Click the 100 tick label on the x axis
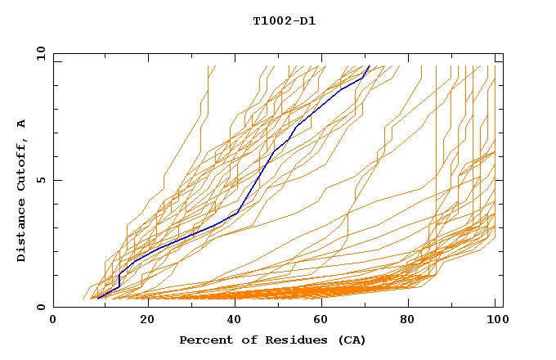click(x=496, y=320)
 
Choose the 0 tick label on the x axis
click(x=54, y=320)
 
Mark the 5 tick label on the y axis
click(x=40, y=180)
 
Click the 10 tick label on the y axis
click(x=38, y=53)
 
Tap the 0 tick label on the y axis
click(x=40, y=307)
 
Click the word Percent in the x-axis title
click(x=205, y=340)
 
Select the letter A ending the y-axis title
click(x=21, y=123)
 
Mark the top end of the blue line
click(x=369, y=66)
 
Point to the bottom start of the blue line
click(x=97, y=299)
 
